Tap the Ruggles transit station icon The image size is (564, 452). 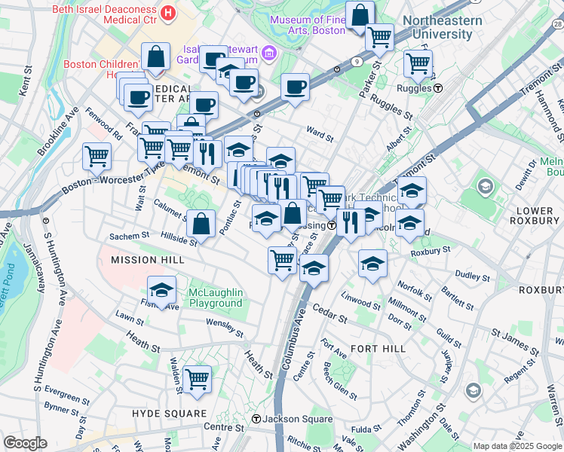(437, 87)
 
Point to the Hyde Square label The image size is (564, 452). (169, 414)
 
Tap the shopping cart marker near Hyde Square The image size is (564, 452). (197, 379)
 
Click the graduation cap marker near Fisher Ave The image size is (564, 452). (161, 289)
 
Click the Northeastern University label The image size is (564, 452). (442, 27)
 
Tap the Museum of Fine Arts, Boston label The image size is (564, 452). (307, 25)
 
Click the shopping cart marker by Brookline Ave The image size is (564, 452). (97, 156)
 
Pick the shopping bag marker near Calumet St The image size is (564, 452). (201, 222)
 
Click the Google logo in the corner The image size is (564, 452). (25, 443)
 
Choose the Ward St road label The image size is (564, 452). (320, 134)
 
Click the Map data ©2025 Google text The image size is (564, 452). (517, 446)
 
